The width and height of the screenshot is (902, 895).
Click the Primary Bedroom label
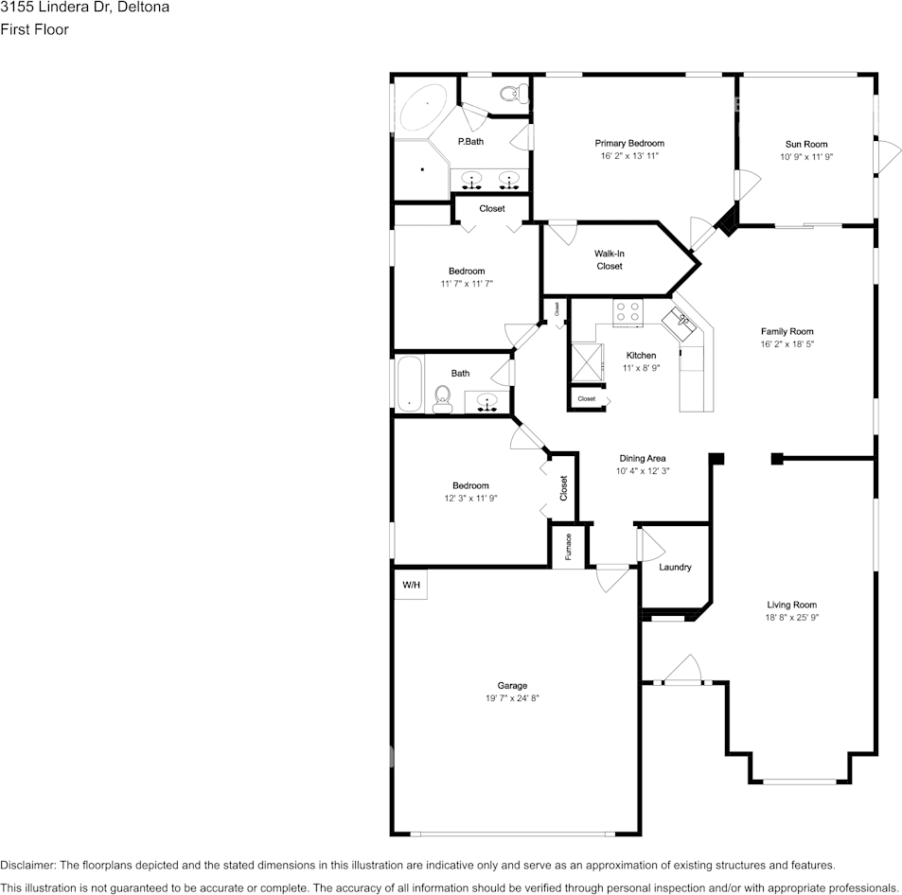coord(629,143)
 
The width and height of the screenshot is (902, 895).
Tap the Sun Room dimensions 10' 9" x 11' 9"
coord(806,157)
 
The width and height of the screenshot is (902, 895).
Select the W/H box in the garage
coord(411,585)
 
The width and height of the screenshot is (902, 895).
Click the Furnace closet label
coord(568,547)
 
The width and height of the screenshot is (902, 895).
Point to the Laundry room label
coord(675,568)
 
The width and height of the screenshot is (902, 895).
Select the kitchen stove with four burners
coord(627,312)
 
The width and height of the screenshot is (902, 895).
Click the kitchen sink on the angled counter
coord(683,322)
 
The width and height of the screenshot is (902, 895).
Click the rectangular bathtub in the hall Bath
coord(409,383)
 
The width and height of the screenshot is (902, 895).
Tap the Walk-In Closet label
coord(609,259)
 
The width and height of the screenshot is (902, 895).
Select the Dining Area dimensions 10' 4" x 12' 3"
coord(642,471)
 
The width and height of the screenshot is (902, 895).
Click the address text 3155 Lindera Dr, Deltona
coord(85,8)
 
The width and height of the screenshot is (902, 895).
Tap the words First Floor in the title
coord(34,29)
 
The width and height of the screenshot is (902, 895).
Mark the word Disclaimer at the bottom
coord(28,865)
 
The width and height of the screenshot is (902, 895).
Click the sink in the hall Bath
coord(488,401)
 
